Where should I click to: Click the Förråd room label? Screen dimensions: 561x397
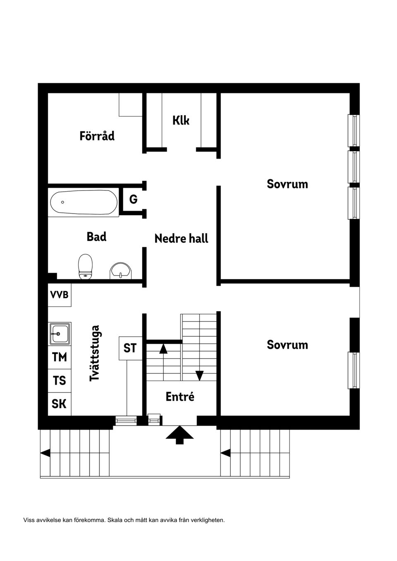(x=97, y=136)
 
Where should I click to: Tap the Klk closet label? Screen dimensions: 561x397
(x=181, y=120)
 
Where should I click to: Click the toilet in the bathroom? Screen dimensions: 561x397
(x=85, y=266)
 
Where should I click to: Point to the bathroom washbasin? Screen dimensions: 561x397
(x=121, y=271)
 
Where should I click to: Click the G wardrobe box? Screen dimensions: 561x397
(x=133, y=200)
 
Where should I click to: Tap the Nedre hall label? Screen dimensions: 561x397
(x=181, y=238)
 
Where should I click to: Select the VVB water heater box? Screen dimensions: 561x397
(x=59, y=295)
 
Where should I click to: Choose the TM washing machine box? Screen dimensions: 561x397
(x=60, y=357)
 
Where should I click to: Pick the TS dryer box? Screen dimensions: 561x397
(x=60, y=380)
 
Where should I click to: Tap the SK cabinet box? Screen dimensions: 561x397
(x=59, y=404)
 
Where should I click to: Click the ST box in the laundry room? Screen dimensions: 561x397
(x=130, y=348)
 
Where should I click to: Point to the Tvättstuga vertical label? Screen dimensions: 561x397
(x=95, y=353)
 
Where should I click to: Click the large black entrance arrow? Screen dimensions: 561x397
(x=179, y=434)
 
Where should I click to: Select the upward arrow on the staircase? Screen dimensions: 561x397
(x=163, y=349)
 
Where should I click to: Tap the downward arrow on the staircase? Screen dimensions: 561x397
(x=199, y=375)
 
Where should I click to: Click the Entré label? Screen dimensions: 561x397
(x=180, y=397)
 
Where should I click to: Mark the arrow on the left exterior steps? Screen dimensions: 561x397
(x=45, y=453)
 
